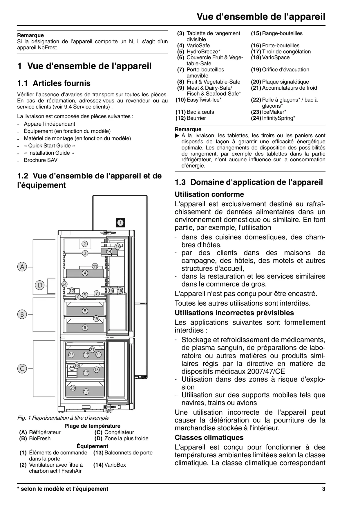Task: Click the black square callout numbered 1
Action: [x=120, y=223]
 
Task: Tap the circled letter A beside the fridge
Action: [x=22, y=267]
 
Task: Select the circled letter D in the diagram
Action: [x=40, y=285]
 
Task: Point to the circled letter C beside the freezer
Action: [x=22, y=369]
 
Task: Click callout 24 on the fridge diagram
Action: [x=64, y=284]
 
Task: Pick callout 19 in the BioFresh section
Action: [x=96, y=319]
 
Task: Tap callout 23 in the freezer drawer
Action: [x=71, y=355]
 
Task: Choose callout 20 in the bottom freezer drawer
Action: [x=73, y=388]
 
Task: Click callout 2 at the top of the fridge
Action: [x=85, y=244]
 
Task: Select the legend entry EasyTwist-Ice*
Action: [x=204, y=100]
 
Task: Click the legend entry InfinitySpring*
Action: [x=278, y=118]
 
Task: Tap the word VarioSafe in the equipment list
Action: [x=198, y=46]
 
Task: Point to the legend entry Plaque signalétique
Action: [x=285, y=82]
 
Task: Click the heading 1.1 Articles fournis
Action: [x=54, y=84]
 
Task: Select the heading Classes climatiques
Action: [x=209, y=438]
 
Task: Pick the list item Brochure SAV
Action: [x=41, y=160]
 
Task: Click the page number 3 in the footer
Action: [x=323, y=489]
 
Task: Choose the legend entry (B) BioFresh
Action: [x=35, y=438]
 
